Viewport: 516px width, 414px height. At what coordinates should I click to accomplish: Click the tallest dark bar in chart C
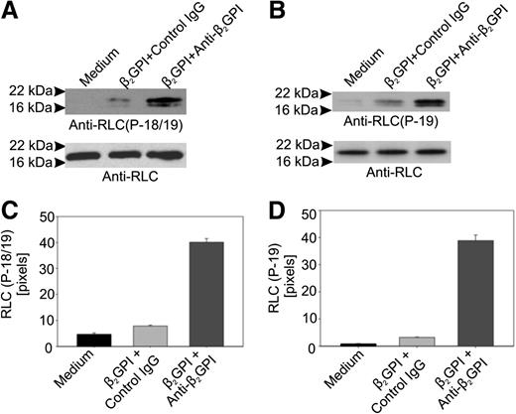203,294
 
